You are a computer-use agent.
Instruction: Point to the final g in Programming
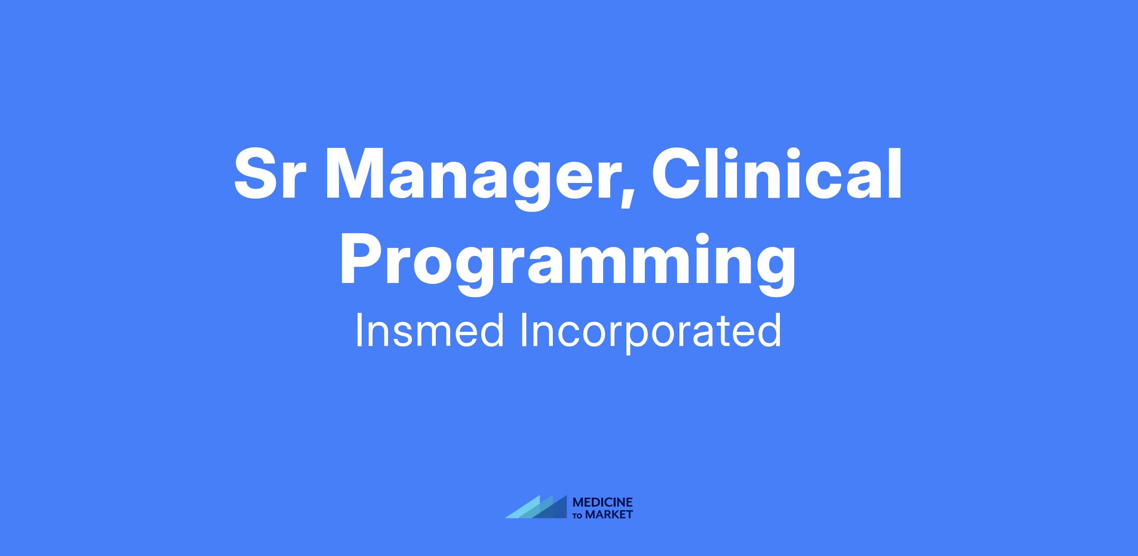(x=775, y=272)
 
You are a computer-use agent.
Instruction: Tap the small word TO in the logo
(x=578, y=516)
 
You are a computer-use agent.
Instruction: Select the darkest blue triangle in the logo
(x=555, y=510)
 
